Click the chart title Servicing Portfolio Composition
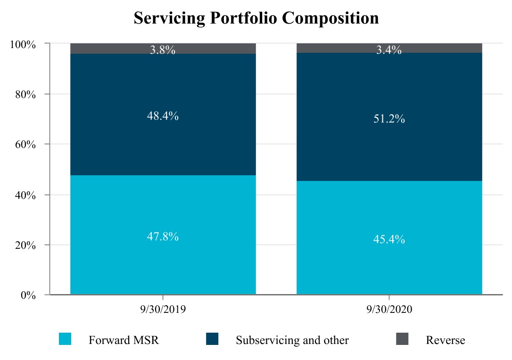pyautogui.click(x=256, y=18)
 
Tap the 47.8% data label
pyautogui.click(x=163, y=236)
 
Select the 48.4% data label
pyautogui.click(x=163, y=116)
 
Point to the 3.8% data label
pyautogui.click(x=163, y=49)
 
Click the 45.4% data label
pyautogui.click(x=389, y=239)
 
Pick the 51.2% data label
pyautogui.click(x=389, y=118)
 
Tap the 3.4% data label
pyautogui.click(x=389, y=49)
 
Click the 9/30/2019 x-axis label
pyautogui.click(x=163, y=309)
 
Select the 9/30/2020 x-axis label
pyautogui.click(x=389, y=309)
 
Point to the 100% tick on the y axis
pyautogui.click(x=23, y=44)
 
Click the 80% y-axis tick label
pyautogui.click(x=25, y=94)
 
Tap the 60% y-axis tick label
pyautogui.click(x=25, y=144)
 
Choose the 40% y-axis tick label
pyautogui.click(x=25, y=195)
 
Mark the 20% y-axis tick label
pyautogui.click(x=25, y=245)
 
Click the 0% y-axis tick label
pyautogui.click(x=28, y=295)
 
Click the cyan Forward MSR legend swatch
pyautogui.click(x=65, y=339)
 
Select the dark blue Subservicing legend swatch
pyautogui.click(x=212, y=339)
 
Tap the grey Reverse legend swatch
pyautogui.click(x=402, y=339)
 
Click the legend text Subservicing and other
pyautogui.click(x=292, y=340)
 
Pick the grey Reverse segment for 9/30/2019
pyautogui.click(x=163, y=49)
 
